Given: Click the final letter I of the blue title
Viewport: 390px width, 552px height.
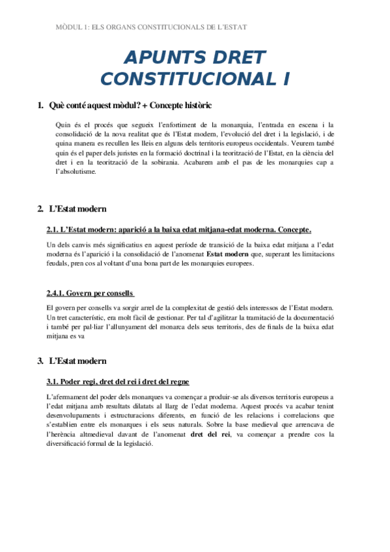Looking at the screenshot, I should pos(286,79).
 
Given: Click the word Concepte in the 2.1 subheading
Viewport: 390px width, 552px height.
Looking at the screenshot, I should pos(292,229).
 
